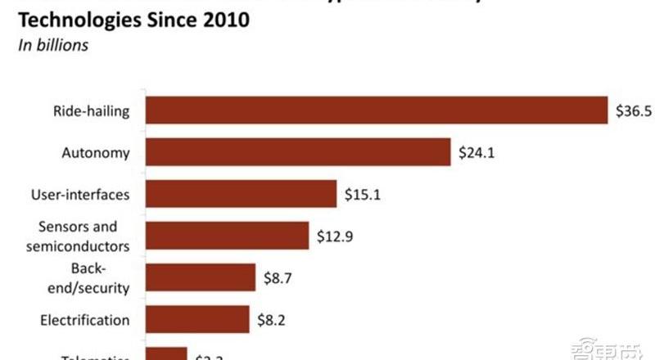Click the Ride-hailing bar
tap(376, 110)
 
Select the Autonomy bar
tap(298, 152)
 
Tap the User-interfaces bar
tap(241, 195)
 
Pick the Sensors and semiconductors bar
tap(227, 236)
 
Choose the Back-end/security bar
tap(200, 277)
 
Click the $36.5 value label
tap(634, 110)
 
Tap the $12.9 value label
tap(337, 236)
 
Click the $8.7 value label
tap(278, 277)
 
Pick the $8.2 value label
tap(272, 320)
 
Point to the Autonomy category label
tap(96, 152)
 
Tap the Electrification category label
tap(85, 320)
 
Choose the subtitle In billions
tap(53, 45)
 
